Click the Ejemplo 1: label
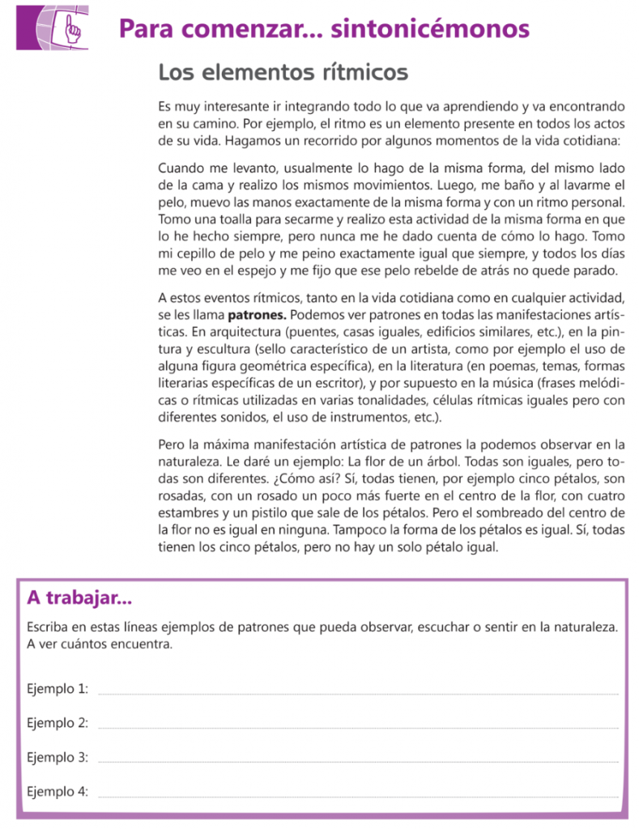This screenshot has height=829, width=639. (58, 688)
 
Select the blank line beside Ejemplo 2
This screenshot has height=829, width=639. (357, 726)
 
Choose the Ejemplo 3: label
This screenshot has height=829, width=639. (58, 758)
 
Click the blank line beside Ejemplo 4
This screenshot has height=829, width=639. (357, 796)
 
